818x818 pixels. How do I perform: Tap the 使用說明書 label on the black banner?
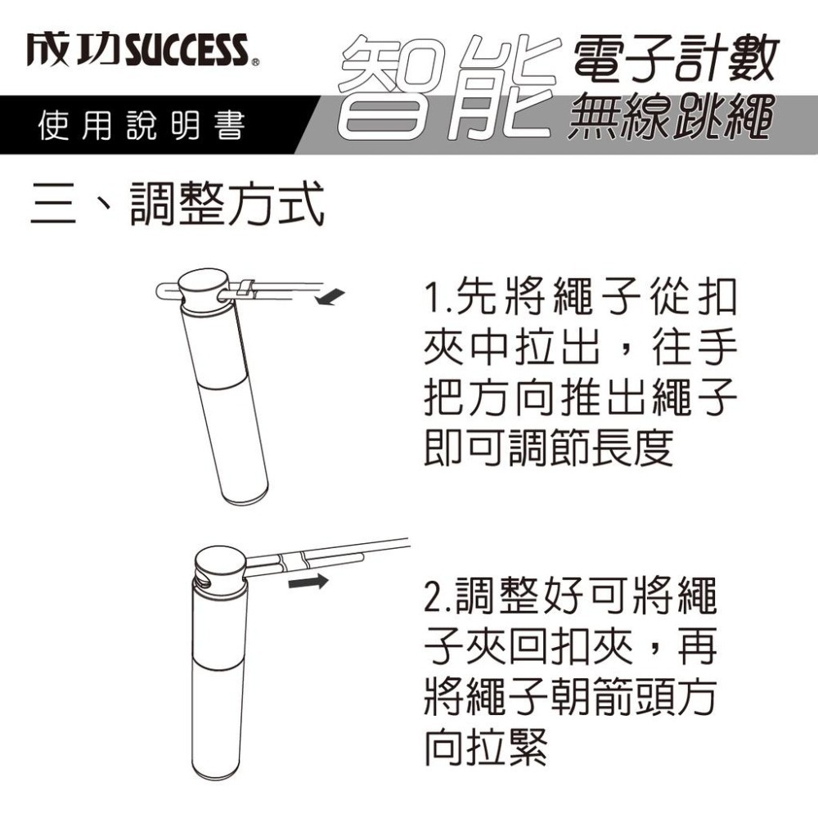(x=142, y=126)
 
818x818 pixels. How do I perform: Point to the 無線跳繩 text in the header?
(x=670, y=117)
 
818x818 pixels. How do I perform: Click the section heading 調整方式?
(x=227, y=204)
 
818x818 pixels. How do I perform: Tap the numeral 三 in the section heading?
(x=54, y=205)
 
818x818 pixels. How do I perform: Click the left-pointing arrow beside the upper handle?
(x=330, y=297)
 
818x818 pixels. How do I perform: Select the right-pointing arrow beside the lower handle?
(x=308, y=581)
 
